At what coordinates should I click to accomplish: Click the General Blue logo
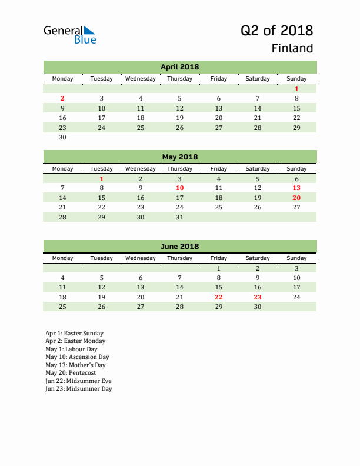[x=69, y=35]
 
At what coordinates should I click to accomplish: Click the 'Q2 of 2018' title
[x=276, y=31]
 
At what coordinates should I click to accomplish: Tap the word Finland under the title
[x=292, y=48]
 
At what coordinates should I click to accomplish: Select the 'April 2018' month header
[x=179, y=67]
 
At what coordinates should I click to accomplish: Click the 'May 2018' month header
[x=179, y=157]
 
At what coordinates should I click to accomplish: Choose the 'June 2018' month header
[x=179, y=247]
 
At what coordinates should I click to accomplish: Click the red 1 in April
[x=296, y=89]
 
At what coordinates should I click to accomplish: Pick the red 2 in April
[x=63, y=98]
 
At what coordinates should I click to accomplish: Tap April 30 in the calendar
[x=63, y=138]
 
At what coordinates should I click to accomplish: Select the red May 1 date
[x=102, y=179]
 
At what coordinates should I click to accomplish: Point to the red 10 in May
[x=179, y=188]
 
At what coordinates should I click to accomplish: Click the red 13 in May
[x=296, y=188]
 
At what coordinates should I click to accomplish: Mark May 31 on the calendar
[x=179, y=217]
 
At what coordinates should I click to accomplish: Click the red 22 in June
[x=218, y=297]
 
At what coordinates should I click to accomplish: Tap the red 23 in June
[x=257, y=297]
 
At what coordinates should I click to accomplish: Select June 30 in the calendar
[x=257, y=307]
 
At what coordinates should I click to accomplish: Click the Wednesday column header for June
[x=141, y=258]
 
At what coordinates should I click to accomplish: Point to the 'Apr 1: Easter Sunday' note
[x=74, y=333]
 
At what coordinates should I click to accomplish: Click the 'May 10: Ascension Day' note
[x=77, y=357]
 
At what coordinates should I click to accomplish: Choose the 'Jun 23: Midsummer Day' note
[x=78, y=388]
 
